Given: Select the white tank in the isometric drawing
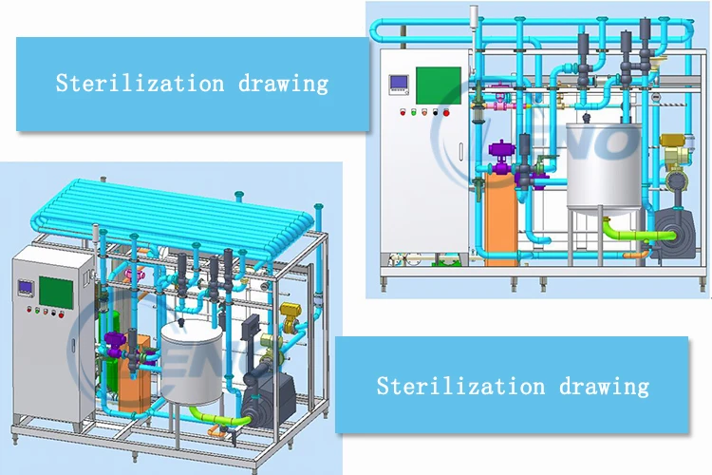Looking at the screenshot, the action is (x=186, y=361).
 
